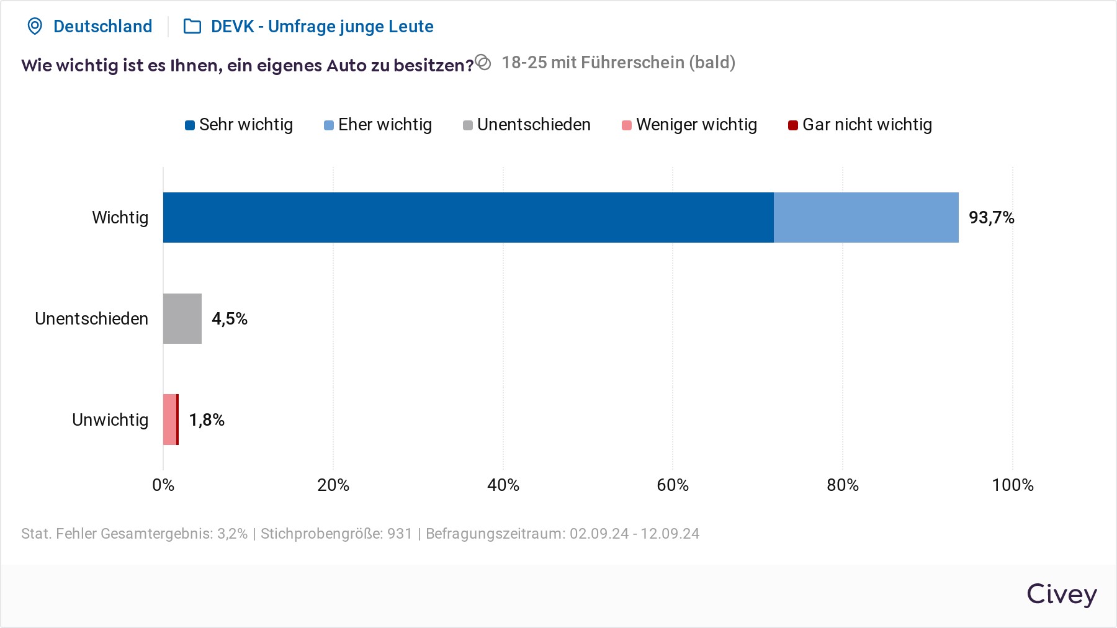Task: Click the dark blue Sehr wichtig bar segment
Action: tap(468, 217)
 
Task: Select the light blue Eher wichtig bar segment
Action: tap(866, 217)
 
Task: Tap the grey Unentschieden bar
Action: tap(182, 318)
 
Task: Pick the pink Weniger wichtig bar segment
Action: tap(169, 419)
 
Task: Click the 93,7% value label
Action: tap(991, 218)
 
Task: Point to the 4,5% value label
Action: tap(230, 319)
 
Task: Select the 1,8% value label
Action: tap(207, 420)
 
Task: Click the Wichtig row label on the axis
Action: tap(120, 218)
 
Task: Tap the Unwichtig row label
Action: tap(110, 420)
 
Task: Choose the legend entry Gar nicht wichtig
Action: tap(860, 125)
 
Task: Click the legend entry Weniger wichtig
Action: tap(689, 125)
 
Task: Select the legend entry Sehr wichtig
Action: tap(239, 125)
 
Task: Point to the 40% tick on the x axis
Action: tap(503, 485)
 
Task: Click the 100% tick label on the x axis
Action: tap(1013, 485)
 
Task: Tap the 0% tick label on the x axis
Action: tap(163, 485)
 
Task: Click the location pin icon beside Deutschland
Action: tap(35, 26)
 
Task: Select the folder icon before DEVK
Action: tap(192, 26)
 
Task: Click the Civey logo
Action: tap(1061, 594)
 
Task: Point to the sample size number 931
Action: tap(400, 534)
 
